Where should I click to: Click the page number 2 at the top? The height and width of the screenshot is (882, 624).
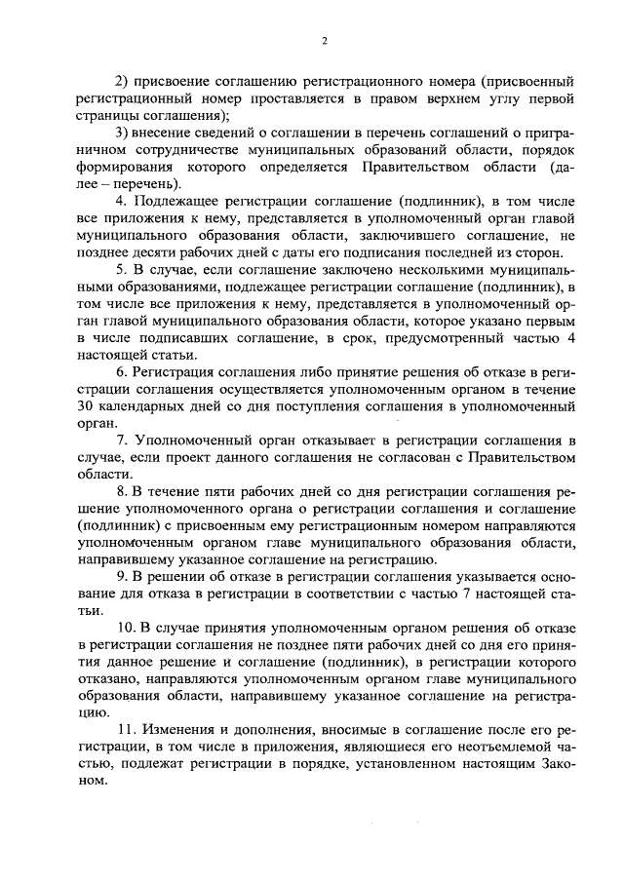click(x=325, y=40)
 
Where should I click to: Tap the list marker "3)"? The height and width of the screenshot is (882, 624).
click(x=123, y=133)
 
